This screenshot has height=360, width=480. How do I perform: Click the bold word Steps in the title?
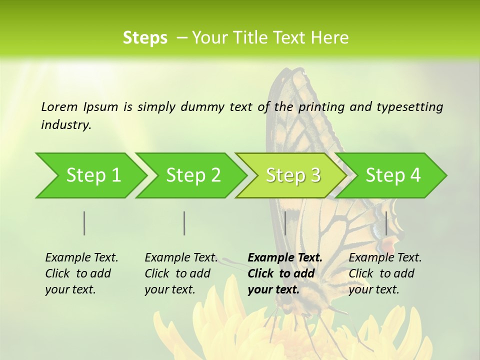(x=145, y=38)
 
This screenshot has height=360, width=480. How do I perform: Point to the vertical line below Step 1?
(x=84, y=223)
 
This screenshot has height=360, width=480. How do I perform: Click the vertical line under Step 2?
(x=184, y=223)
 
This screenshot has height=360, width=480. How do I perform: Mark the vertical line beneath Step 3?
(x=285, y=223)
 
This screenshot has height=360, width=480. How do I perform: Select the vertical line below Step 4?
(x=386, y=223)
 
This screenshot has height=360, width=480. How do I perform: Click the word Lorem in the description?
(x=59, y=106)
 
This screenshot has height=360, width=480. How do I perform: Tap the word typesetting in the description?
(x=409, y=106)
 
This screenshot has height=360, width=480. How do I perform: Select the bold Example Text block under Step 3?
(x=284, y=273)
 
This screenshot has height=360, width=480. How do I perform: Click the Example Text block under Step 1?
(x=81, y=273)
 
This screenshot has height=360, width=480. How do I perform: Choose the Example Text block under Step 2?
(x=181, y=273)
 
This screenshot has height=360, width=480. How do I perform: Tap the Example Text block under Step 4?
(x=385, y=273)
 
